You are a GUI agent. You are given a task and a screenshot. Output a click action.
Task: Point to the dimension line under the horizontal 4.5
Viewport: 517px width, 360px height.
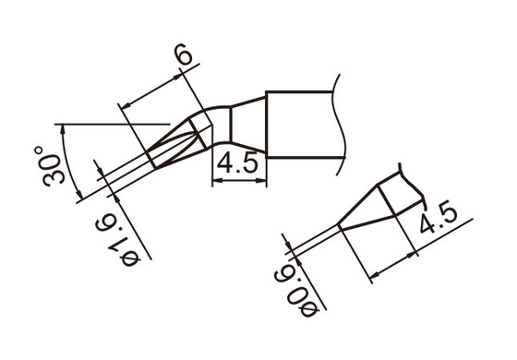click(x=239, y=182)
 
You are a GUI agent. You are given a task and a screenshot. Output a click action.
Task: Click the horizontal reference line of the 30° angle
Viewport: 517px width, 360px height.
click(x=111, y=123)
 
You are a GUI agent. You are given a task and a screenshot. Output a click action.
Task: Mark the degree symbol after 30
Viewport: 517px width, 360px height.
click(x=39, y=149)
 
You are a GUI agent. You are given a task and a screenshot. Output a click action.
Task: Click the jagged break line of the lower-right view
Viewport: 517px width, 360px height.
click(x=413, y=184)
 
